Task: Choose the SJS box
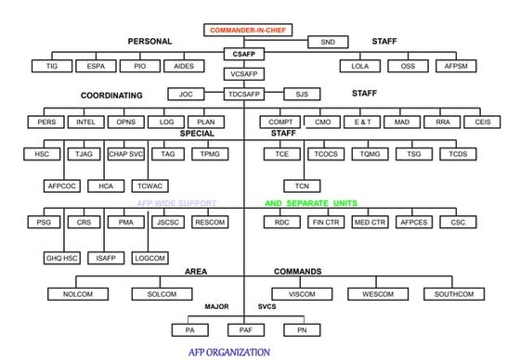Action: click(301, 94)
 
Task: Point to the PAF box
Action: click(245, 329)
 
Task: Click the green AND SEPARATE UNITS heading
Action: click(310, 203)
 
